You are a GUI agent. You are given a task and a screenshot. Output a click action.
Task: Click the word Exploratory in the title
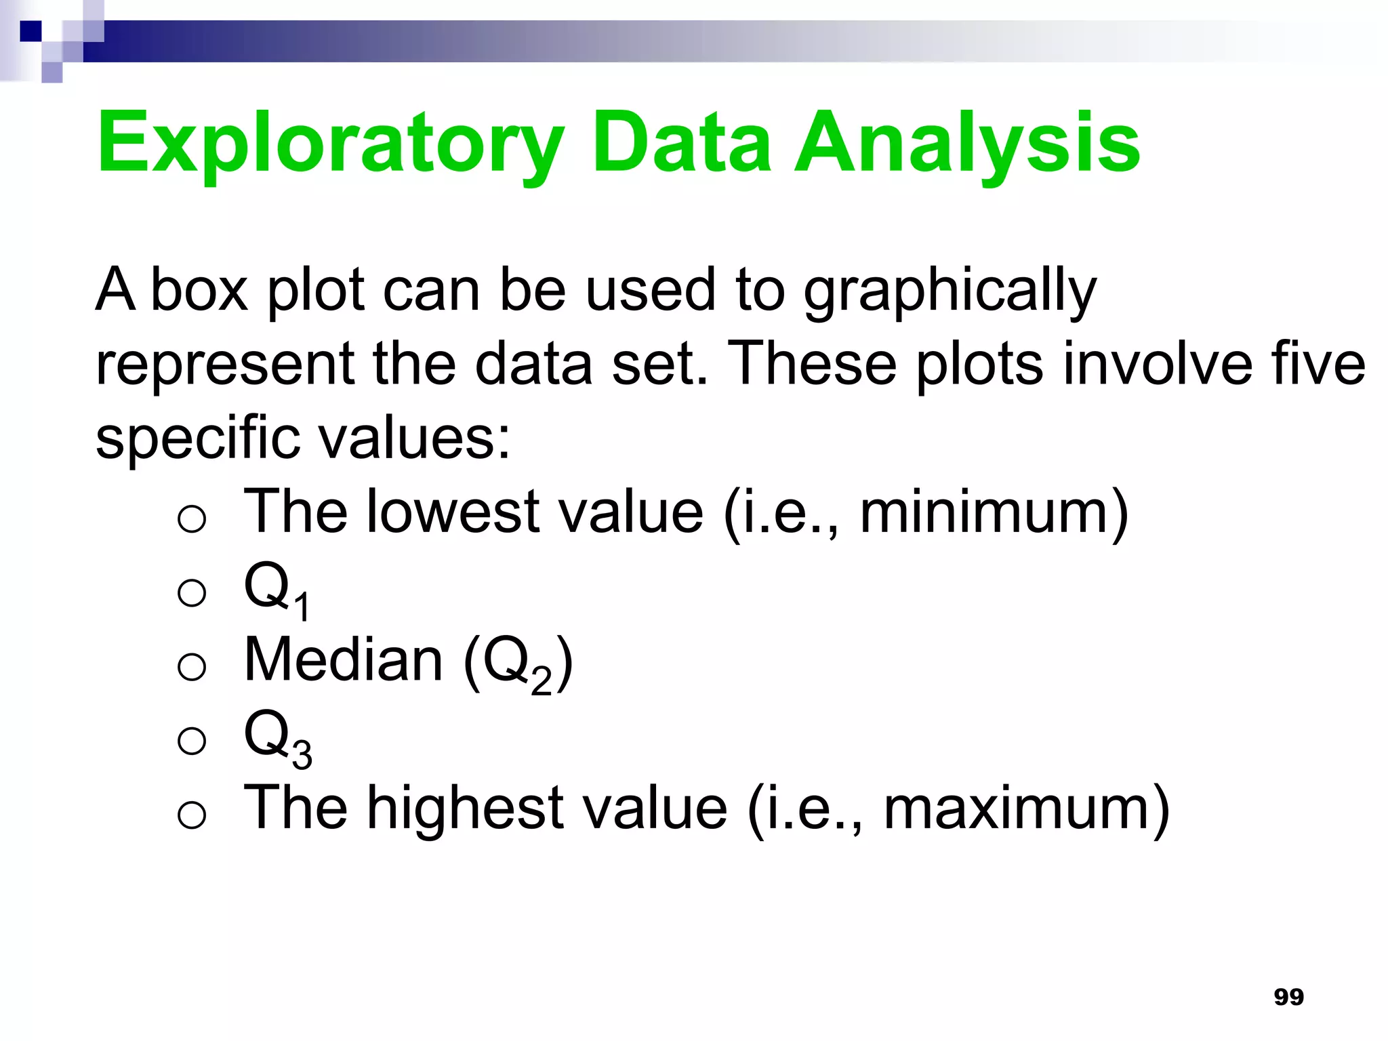click(330, 144)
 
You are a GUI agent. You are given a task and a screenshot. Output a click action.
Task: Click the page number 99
click(1288, 997)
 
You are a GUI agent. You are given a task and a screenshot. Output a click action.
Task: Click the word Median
click(343, 660)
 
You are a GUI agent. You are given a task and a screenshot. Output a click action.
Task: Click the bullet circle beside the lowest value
click(192, 519)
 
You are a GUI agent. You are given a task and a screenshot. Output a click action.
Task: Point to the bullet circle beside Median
click(192, 667)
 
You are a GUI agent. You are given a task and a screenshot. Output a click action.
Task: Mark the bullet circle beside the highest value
click(192, 815)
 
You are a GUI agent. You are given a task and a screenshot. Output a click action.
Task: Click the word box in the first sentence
click(199, 290)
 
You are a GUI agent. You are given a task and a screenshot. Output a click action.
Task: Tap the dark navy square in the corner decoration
click(31, 31)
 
